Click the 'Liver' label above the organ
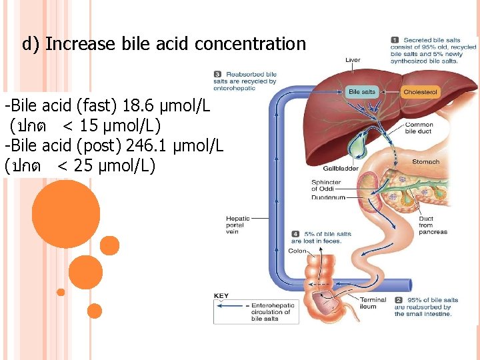(x=353, y=61)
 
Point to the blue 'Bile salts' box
(x=362, y=91)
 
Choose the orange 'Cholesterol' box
(x=421, y=91)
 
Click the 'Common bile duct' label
(x=419, y=128)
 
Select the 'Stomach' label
(x=425, y=161)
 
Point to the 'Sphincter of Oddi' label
(x=326, y=185)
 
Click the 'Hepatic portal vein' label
(x=238, y=225)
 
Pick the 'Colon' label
(x=297, y=251)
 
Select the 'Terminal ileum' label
(x=373, y=303)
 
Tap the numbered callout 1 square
(x=395, y=41)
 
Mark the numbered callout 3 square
(x=218, y=74)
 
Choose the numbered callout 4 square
(x=295, y=234)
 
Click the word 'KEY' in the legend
(x=221, y=295)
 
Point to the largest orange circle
(x=56, y=205)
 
